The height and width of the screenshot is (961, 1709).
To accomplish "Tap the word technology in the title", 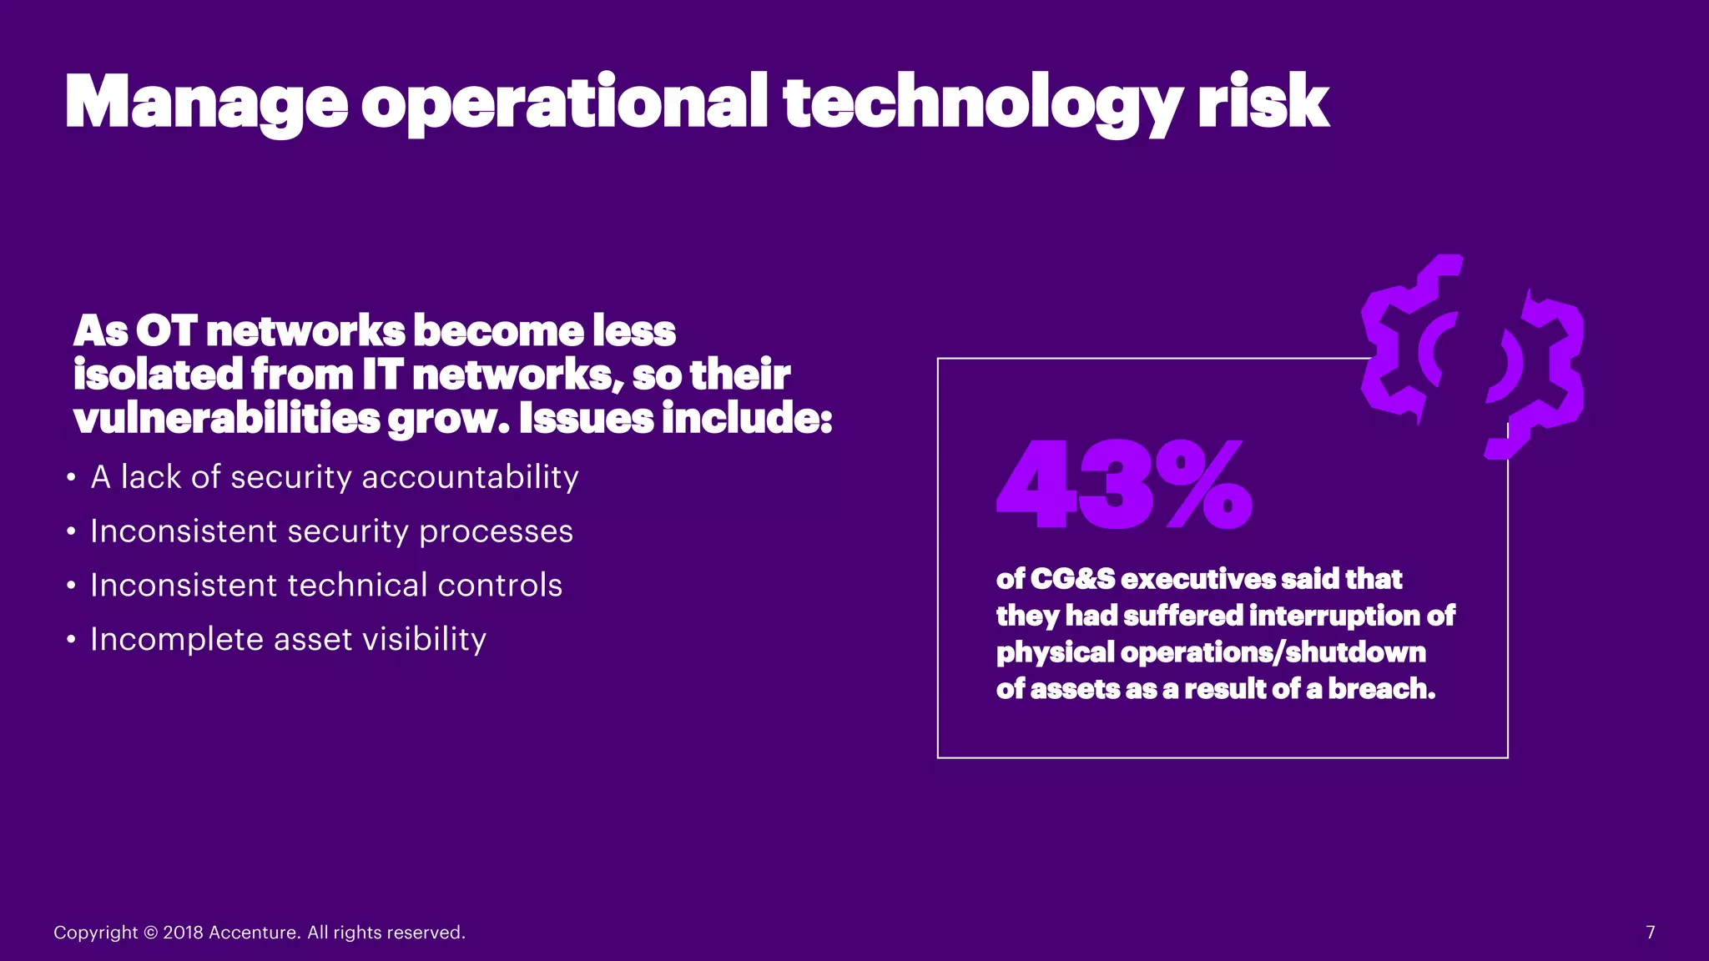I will (981, 103).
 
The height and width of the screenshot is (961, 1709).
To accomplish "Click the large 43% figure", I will (1124, 486).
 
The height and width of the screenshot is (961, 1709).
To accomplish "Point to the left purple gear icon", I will (1410, 338).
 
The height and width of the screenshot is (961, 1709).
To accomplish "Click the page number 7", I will (1650, 933).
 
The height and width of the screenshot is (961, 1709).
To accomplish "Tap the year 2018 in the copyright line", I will (183, 933).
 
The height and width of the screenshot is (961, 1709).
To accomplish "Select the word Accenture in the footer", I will (255, 933).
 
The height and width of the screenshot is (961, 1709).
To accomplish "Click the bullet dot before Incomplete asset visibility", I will (72, 641).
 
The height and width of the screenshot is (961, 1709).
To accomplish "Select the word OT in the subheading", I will (165, 331).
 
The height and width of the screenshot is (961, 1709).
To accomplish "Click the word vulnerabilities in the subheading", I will (226, 418).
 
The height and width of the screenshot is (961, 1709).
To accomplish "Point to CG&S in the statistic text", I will (1072, 579).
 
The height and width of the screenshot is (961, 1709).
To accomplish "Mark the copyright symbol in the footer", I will (150, 933).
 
